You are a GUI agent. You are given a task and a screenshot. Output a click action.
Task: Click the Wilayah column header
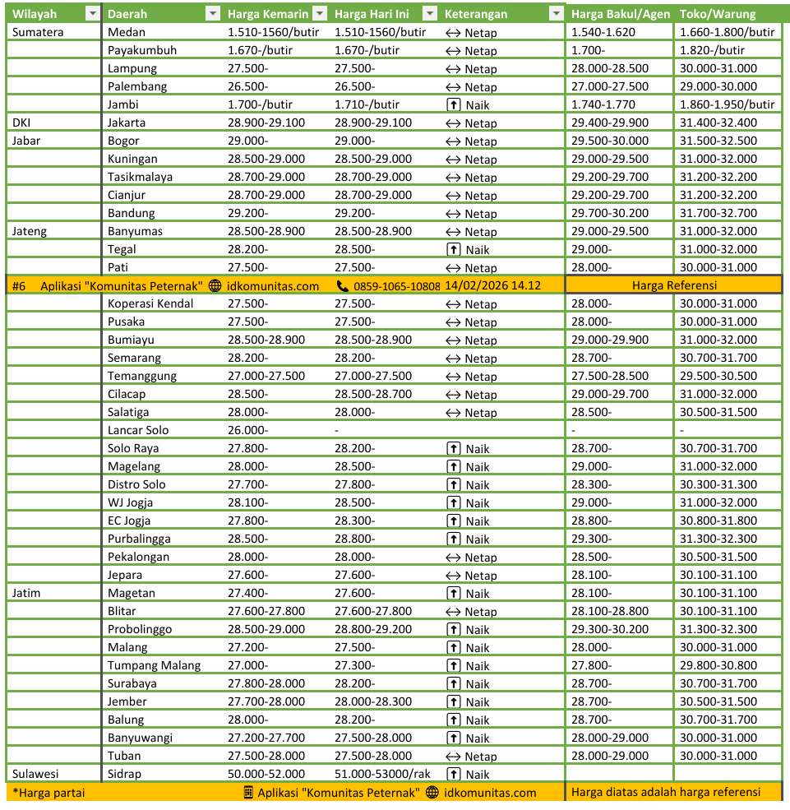point(35,14)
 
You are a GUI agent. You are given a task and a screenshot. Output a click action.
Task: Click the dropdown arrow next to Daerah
point(213,14)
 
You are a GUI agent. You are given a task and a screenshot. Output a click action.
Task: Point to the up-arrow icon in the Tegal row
point(452,250)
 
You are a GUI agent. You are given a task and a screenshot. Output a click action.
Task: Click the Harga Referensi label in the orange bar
point(675,285)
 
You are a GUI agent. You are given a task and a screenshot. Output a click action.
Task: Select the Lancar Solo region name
point(138,430)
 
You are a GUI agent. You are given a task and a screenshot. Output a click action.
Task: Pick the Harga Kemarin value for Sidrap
point(266,774)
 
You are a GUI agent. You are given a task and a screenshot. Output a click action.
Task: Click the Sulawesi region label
point(35,774)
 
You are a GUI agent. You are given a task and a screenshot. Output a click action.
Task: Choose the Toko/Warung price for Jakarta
point(718,123)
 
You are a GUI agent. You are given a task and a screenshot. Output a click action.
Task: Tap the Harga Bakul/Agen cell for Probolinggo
point(610,629)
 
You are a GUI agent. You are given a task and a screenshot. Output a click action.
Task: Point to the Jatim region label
point(26,593)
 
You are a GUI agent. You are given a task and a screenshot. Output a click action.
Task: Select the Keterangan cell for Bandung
point(471,214)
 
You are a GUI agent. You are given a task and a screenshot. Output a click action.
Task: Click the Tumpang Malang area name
point(154,665)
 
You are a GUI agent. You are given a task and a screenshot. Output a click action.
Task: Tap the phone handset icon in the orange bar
point(343,286)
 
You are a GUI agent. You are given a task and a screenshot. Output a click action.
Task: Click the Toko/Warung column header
point(718,14)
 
